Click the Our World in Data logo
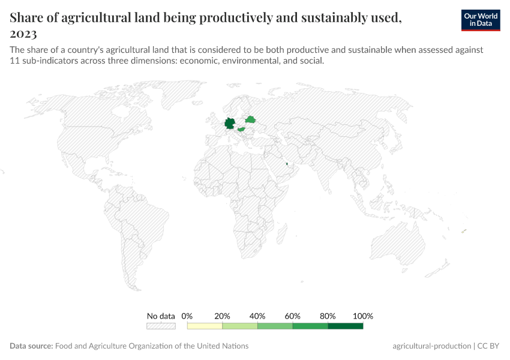click(x=480, y=19)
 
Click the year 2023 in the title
click(x=23, y=33)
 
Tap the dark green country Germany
click(x=230, y=124)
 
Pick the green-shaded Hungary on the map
click(x=241, y=129)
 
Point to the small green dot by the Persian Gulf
click(x=287, y=164)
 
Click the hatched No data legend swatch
click(x=161, y=326)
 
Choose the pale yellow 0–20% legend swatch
click(x=205, y=326)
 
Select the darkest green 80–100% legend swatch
click(x=346, y=326)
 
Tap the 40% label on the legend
click(x=257, y=316)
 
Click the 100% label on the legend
click(x=363, y=316)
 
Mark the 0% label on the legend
click(x=187, y=316)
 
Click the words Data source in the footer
click(x=31, y=346)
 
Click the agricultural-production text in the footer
click(x=431, y=346)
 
